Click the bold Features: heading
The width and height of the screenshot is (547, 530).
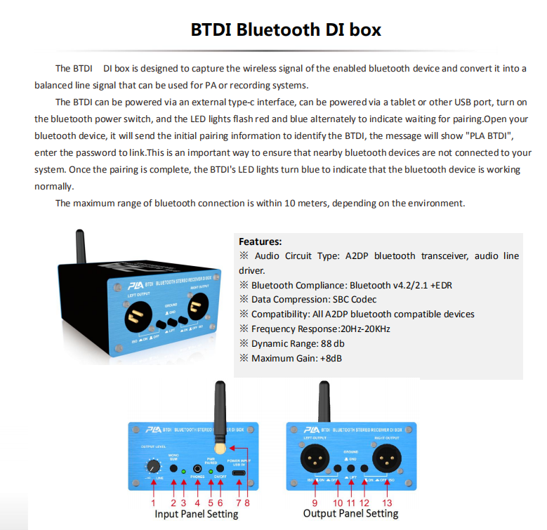pyautogui.click(x=260, y=241)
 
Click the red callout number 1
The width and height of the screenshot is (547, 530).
pyautogui.click(x=153, y=502)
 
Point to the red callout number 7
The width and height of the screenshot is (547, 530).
pyautogui.click(x=239, y=502)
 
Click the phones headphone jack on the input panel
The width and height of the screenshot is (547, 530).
pyautogui.click(x=199, y=468)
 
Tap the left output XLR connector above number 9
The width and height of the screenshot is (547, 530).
pyautogui.click(x=314, y=461)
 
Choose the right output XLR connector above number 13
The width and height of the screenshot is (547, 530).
pyautogui.click(x=387, y=461)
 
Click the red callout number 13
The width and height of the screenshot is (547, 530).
pyautogui.click(x=387, y=502)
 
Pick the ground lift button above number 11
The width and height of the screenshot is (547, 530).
pyautogui.click(x=350, y=468)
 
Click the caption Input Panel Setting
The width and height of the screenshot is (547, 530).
pyautogui.click(x=196, y=514)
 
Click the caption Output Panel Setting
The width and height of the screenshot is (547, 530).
pyautogui.click(x=350, y=514)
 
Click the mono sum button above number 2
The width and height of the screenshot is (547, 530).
pyautogui.click(x=173, y=468)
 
